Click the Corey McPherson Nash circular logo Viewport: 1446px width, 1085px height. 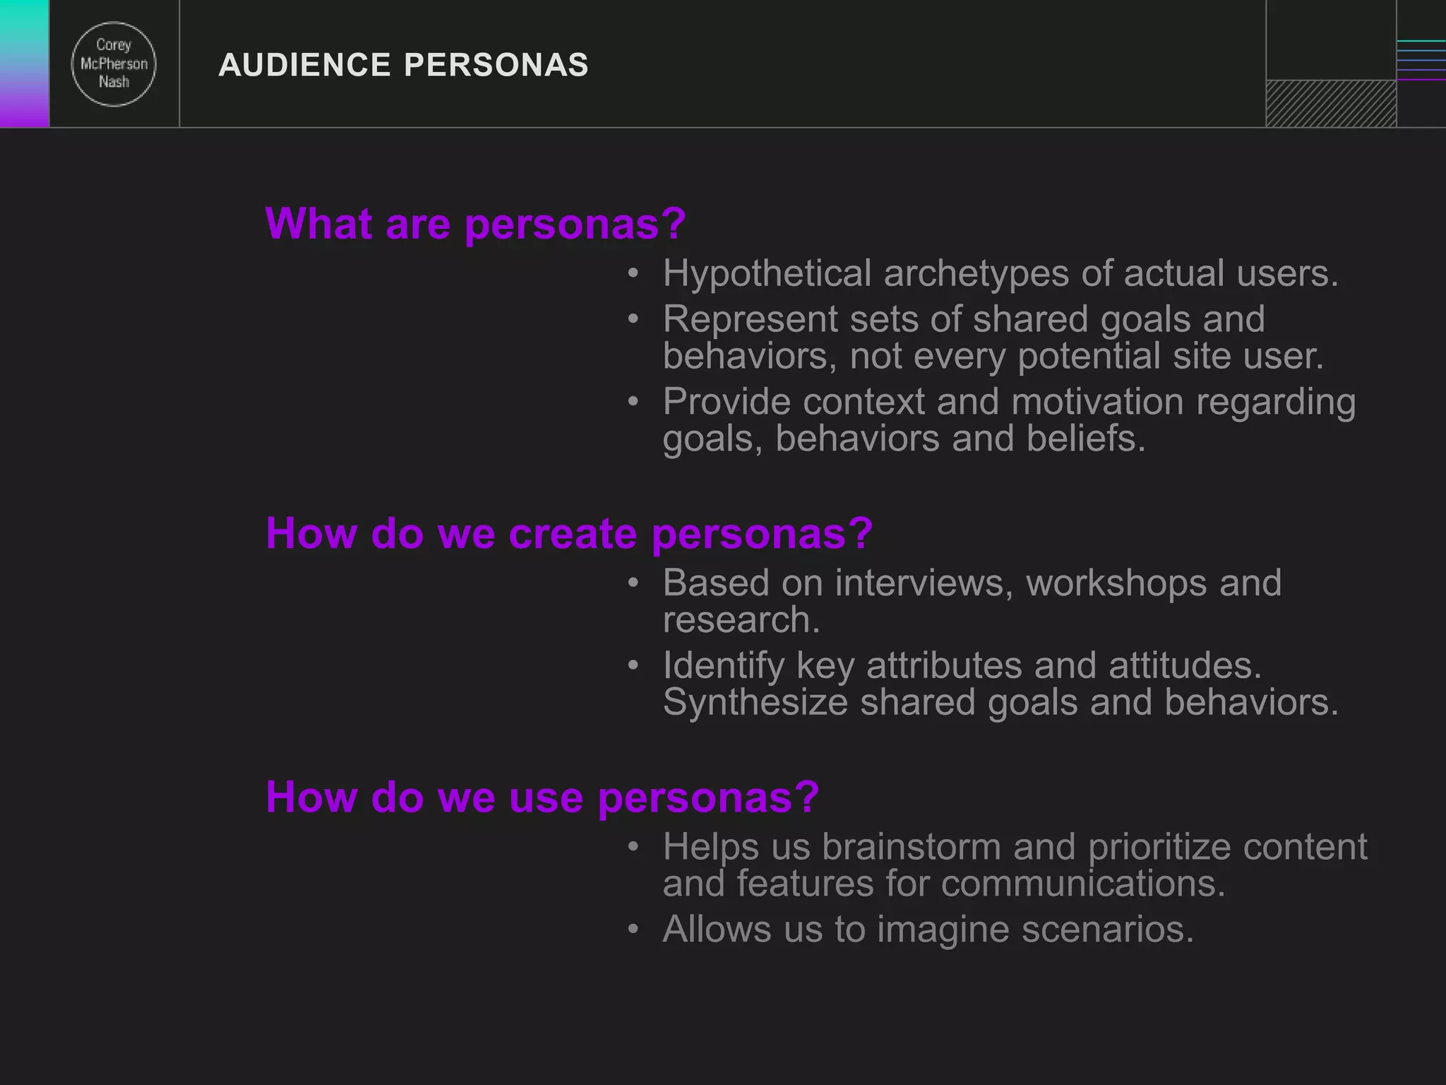114,64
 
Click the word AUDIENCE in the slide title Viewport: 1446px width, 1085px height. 304,65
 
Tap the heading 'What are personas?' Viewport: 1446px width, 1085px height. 475,224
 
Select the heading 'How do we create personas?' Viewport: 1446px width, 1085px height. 569,533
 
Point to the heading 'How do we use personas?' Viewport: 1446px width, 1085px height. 542,798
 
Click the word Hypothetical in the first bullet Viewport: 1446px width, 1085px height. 767,274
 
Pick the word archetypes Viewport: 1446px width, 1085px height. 976,274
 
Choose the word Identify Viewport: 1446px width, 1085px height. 724,666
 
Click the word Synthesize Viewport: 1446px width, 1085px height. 755,703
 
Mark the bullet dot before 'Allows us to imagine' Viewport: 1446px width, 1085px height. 633,928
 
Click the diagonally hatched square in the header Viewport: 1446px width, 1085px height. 1331,104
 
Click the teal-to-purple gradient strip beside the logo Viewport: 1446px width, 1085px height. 24,64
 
